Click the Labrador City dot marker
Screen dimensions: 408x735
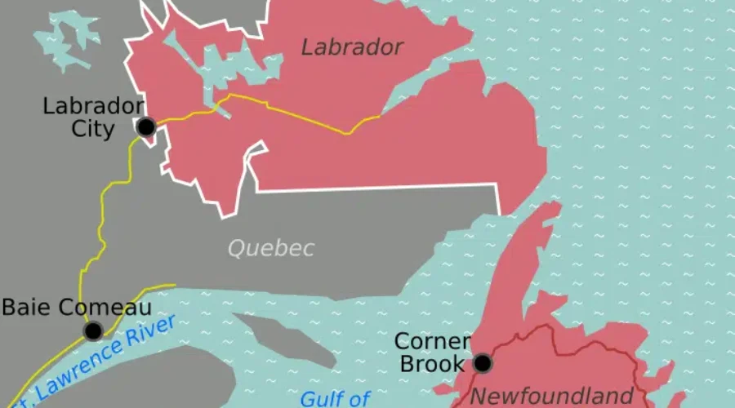coord(146,126)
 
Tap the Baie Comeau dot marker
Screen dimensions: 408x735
coord(93,330)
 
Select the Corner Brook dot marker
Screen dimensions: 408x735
coord(483,362)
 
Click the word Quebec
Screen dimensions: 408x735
coord(270,248)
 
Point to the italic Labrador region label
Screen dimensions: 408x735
coord(352,47)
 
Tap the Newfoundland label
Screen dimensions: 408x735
coord(553,397)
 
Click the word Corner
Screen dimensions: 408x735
coord(432,341)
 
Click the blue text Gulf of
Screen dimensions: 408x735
coord(335,398)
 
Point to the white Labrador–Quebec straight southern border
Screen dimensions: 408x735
coord(376,188)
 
